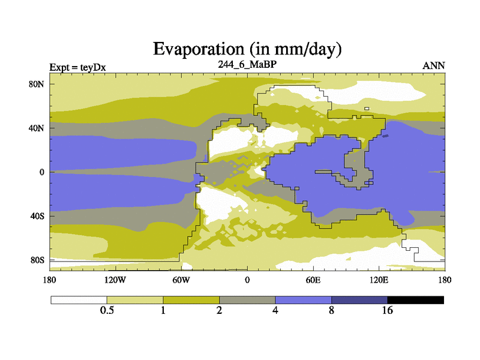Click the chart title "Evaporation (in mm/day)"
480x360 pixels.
(247, 49)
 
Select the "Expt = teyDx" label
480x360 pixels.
(77, 67)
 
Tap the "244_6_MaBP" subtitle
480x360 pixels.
(247, 64)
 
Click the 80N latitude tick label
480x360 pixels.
(37, 84)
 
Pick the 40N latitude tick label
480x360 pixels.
(37, 128)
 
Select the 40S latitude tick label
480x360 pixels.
(37, 216)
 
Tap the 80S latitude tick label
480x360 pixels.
(37, 260)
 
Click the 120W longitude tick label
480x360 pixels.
(115, 280)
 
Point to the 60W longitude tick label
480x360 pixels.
(181, 280)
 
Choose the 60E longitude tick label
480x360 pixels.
(313, 280)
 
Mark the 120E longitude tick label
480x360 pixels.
(379, 280)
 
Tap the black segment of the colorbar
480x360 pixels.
(415, 299)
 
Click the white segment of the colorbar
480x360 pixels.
(79, 299)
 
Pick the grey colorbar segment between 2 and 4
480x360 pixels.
(247, 299)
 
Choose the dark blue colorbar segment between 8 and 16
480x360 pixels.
(359, 299)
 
